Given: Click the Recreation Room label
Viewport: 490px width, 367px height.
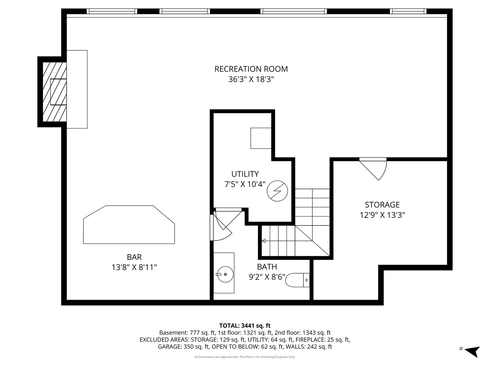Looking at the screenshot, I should pos(251,69).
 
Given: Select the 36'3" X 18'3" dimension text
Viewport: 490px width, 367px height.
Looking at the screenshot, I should pos(251,80).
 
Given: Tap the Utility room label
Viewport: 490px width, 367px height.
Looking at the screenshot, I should pos(245,174).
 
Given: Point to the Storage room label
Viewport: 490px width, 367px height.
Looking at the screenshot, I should pos(382,205).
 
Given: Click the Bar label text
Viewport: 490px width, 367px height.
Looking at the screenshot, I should pos(134,257).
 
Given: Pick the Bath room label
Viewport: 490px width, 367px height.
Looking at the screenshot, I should pos(267,267).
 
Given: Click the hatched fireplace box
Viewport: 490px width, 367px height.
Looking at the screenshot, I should pos(54,92).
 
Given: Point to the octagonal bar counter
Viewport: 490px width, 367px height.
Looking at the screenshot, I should pos(129,225).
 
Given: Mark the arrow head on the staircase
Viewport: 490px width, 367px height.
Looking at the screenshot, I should pos(263,241).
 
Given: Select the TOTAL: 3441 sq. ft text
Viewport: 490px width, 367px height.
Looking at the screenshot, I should pos(245,326).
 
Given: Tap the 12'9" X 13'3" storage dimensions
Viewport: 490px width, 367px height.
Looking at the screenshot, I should pos(382,215).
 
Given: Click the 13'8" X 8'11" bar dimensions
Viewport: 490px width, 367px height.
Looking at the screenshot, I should pos(134,267).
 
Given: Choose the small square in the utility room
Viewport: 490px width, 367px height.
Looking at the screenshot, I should pos(261,138).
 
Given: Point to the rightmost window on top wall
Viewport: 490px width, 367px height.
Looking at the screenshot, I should pos(408,11).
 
